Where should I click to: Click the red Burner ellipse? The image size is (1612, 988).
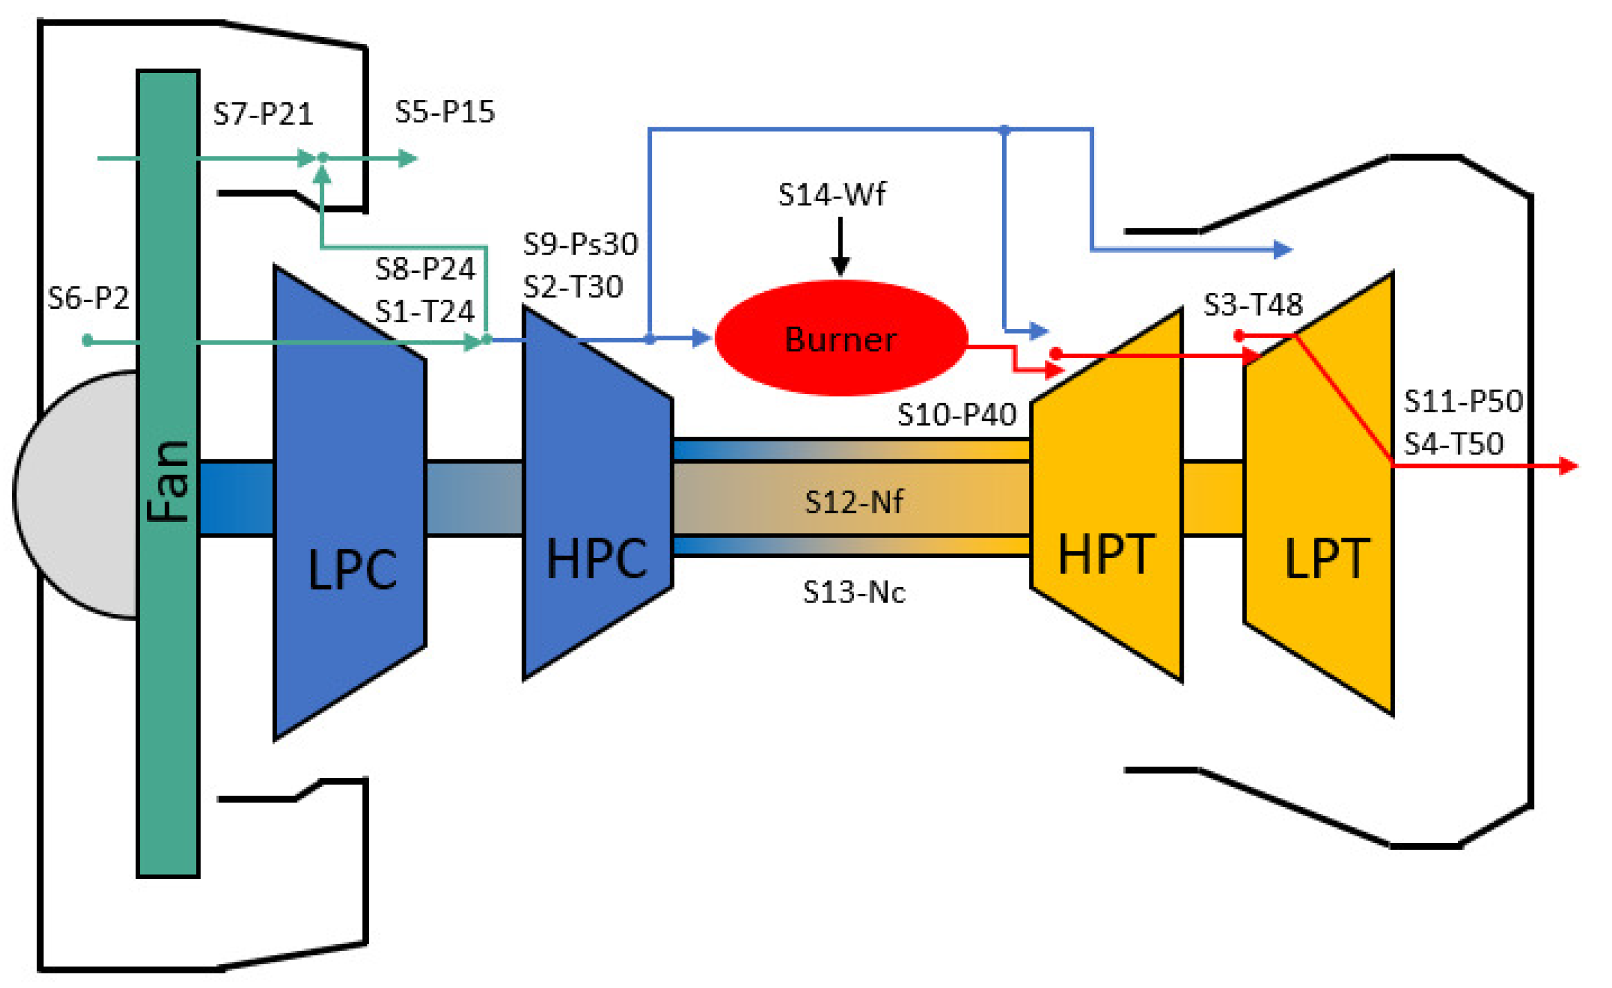[x=841, y=339]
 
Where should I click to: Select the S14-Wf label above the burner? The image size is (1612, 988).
[x=832, y=195]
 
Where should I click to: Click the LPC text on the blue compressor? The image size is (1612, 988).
[x=352, y=570]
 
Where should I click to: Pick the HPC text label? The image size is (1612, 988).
[x=596, y=559]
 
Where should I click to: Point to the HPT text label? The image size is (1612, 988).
[x=1106, y=555]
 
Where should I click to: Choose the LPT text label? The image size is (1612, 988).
[x=1327, y=559]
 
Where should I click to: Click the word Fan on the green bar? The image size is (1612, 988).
[x=168, y=482]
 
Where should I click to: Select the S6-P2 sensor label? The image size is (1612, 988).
[x=88, y=299]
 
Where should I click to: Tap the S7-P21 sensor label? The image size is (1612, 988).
[x=263, y=115]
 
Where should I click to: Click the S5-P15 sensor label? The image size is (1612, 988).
[x=445, y=112]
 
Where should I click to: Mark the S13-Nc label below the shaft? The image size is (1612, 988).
[x=854, y=592]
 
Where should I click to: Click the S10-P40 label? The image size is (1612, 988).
[x=956, y=415]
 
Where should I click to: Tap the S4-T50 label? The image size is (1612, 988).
[x=1454, y=444]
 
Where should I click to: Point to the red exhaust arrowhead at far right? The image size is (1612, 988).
[x=1569, y=466]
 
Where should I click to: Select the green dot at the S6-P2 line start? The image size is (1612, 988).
[x=87, y=341]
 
